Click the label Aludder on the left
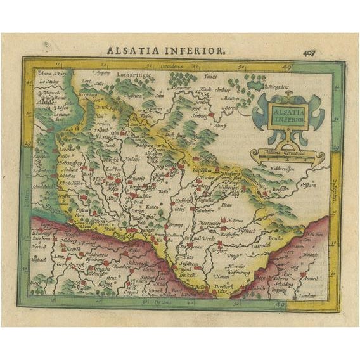pos(45,99)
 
